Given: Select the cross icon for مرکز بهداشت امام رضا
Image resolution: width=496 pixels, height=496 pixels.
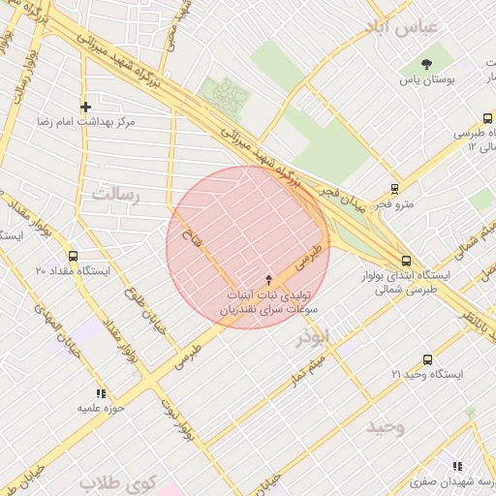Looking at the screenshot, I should (86, 107).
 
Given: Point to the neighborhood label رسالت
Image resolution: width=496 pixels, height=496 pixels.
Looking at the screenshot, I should (115, 195).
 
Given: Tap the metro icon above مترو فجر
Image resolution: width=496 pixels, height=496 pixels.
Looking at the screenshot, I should (393, 189).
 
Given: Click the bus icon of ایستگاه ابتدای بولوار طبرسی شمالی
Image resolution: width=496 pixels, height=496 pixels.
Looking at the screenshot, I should (406, 260).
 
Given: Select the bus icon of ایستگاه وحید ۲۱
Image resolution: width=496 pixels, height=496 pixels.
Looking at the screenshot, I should (427, 359).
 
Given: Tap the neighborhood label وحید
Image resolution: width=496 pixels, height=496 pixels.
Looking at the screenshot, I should (386, 426).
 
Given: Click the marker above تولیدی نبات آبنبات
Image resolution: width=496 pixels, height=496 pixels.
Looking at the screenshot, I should (269, 279).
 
